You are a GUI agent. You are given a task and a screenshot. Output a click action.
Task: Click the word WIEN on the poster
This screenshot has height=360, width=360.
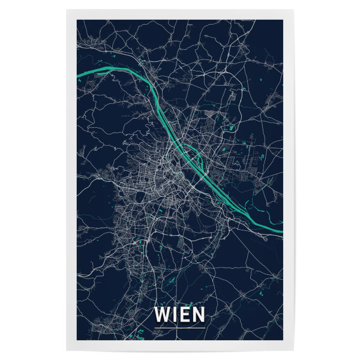[x=179, y=314]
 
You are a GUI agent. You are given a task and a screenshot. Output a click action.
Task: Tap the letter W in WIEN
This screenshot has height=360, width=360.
[x=163, y=314]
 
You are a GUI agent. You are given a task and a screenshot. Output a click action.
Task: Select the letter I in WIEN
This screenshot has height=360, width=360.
[x=175, y=314]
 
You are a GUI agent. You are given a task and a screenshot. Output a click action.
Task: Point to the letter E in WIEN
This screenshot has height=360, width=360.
[x=184, y=314]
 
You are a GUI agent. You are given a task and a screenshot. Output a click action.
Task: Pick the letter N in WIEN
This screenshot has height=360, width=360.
[x=197, y=314]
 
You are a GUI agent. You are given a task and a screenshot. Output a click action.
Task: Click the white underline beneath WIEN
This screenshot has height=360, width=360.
[x=179, y=327]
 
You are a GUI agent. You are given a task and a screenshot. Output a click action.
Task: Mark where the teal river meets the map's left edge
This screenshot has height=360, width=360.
[x=79, y=76]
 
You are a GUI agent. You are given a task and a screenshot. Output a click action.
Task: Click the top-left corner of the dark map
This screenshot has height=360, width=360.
[x=77, y=20]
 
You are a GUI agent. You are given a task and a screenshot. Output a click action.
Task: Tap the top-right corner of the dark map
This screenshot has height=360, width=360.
[x=283, y=20]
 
